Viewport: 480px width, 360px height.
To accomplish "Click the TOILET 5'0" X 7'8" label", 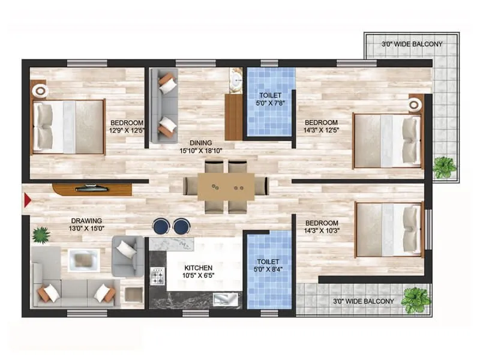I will pos(270,100).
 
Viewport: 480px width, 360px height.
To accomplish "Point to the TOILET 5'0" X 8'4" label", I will pos(269,266).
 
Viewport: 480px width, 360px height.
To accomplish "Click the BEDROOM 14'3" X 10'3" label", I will pos(322,227).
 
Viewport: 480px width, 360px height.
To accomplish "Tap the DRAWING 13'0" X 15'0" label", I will pos(85,224).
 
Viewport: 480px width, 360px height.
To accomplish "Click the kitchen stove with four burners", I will pos(157,277).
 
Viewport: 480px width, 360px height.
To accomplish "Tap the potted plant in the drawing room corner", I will pos(41,235).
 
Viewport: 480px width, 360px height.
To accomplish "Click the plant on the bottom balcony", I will pos(416,298).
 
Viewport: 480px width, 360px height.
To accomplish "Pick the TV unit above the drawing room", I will pos(91,189).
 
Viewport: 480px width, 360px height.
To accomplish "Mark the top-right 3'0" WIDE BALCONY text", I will pos(412,44).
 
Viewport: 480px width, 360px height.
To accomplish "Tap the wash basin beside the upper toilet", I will pos(236,79).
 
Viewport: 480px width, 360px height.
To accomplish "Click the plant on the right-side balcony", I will pos(443,166).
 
